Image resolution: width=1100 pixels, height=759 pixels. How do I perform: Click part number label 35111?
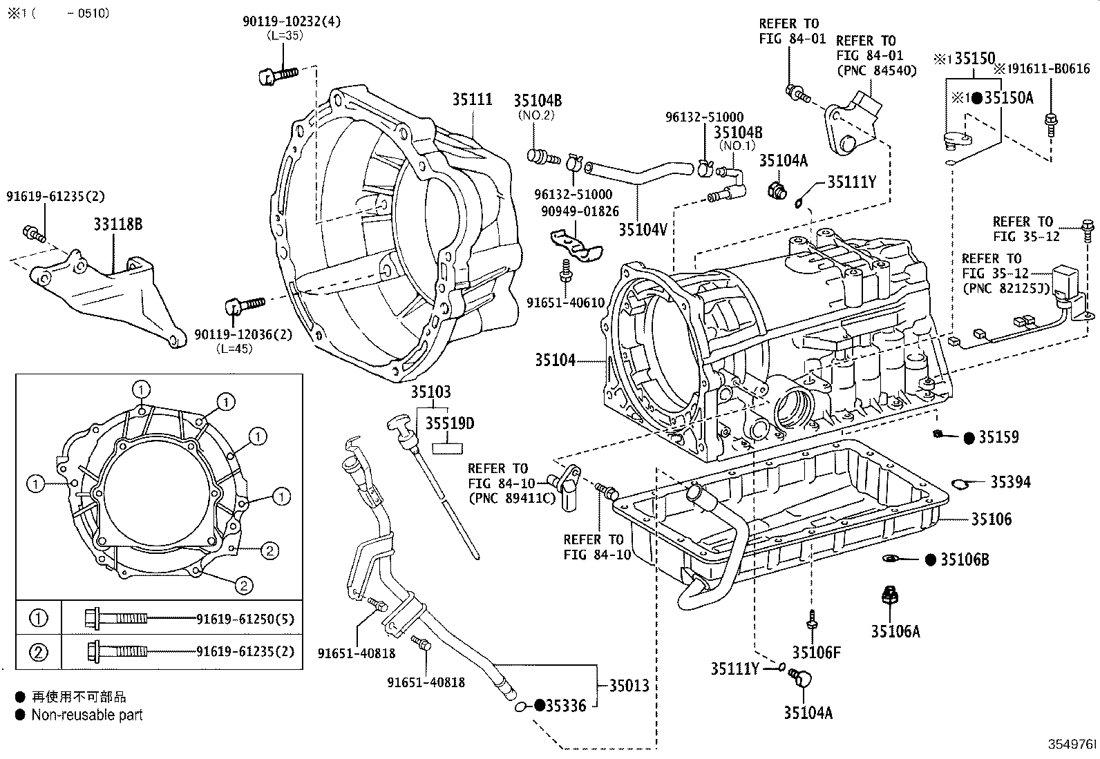point(473,99)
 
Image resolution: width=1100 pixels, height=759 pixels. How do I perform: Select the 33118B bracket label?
point(118,224)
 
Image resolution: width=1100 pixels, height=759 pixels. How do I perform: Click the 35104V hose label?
point(643,229)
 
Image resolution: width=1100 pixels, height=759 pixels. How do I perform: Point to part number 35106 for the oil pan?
point(991,519)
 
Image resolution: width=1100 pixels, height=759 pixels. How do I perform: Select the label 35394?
point(1010,482)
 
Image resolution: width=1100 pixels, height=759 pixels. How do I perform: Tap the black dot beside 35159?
point(969,437)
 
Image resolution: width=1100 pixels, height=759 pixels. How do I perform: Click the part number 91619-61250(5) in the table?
point(245,619)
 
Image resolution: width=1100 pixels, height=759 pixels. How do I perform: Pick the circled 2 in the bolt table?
point(39,651)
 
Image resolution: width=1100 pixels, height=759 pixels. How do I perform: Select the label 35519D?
point(450,423)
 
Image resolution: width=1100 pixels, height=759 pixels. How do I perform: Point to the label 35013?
point(629,685)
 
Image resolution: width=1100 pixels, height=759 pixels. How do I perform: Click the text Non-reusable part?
point(86,715)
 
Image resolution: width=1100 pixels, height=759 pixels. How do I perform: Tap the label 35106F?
point(816,653)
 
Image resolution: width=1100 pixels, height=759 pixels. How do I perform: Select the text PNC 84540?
point(876,70)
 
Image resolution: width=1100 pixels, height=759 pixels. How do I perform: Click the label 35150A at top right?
point(1009,98)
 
